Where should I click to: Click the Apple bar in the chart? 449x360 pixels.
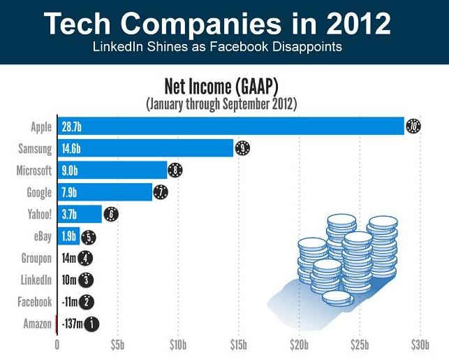click(230, 127)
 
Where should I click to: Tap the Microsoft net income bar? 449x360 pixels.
click(112, 170)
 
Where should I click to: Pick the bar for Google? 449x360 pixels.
click(104, 192)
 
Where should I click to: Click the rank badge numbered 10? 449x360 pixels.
click(413, 127)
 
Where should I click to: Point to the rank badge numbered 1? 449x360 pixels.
click(91, 324)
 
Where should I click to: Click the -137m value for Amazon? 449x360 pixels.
click(71, 324)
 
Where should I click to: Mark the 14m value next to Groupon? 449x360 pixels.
click(68, 258)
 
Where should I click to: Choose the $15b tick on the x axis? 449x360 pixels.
click(238, 344)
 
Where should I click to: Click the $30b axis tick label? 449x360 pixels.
click(419, 344)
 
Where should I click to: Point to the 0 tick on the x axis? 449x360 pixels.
click(57, 344)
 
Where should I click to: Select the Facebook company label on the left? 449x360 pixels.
click(34, 302)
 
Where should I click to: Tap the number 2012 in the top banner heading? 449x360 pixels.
click(356, 24)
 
